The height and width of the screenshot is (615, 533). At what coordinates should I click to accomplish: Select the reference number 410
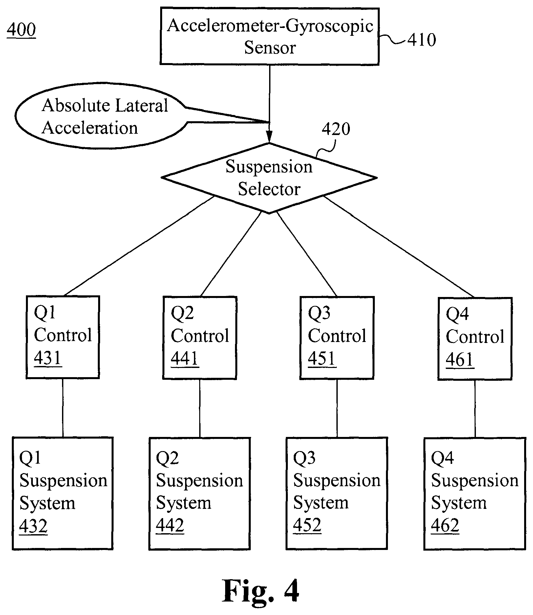point(421,40)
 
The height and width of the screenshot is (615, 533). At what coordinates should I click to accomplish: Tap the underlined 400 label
point(21,30)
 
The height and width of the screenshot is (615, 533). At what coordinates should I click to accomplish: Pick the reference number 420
point(336,129)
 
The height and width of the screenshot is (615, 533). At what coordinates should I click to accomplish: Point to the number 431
point(48,358)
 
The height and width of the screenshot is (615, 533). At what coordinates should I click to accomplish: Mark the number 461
point(460,360)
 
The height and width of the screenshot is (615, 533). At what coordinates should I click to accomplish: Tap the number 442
point(170,526)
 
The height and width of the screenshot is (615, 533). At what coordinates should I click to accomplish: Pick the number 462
point(445,526)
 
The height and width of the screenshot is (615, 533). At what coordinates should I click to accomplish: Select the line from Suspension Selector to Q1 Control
point(139,246)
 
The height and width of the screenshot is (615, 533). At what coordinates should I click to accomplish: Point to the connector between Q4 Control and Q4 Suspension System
point(475,409)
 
